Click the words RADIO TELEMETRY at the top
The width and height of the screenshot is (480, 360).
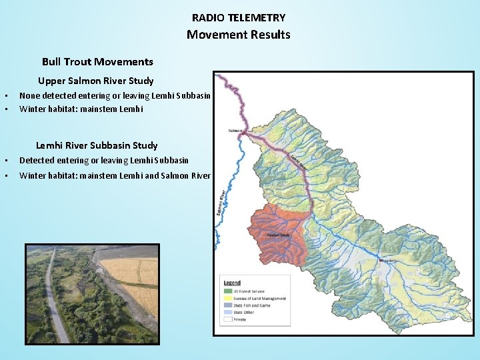tap(238, 18)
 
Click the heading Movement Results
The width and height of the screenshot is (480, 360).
tap(238, 35)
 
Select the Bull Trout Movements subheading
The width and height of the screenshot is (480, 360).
tap(97, 62)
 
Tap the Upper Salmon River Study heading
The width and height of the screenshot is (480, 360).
tap(95, 81)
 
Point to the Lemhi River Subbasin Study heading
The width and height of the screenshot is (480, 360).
tap(97, 145)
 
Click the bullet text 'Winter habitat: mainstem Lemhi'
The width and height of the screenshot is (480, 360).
tap(81, 109)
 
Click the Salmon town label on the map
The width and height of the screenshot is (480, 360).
tap(235, 131)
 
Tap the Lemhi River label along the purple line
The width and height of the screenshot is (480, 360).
tap(297, 162)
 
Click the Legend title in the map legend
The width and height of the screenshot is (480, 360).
tap(232, 283)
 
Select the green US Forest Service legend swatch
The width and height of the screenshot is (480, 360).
tap(227, 291)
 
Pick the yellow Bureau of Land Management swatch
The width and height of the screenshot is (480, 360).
tap(227, 299)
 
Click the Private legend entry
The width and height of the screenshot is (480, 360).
tap(239, 319)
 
